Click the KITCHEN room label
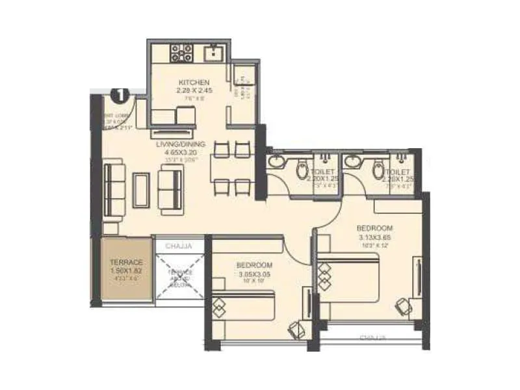(194, 83)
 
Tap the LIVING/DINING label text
(181, 144)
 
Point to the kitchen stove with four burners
(181, 53)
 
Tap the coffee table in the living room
(141, 189)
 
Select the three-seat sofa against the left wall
(115, 190)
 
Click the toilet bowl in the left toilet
(302, 170)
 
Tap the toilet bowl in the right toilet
(378, 170)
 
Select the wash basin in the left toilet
(278, 161)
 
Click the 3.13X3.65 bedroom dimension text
(375, 237)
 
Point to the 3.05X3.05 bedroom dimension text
(253, 274)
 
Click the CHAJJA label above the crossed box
(178, 246)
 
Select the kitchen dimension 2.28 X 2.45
(194, 92)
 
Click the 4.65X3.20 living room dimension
(181, 152)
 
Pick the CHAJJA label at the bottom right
(372, 337)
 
